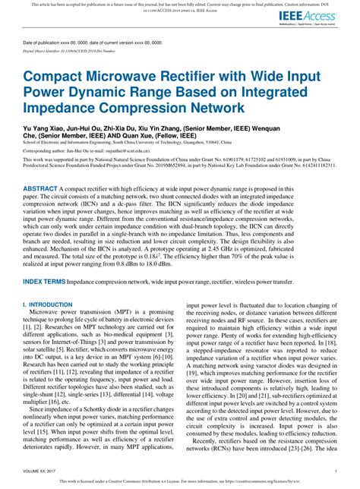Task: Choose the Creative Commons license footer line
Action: pos(179,481)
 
